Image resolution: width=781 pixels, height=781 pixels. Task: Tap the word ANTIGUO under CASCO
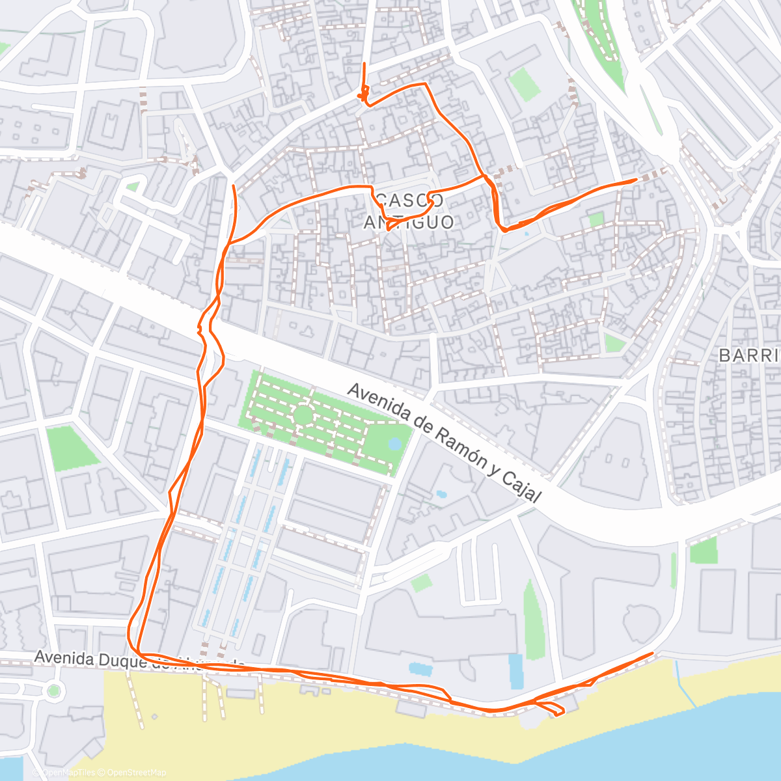point(409,222)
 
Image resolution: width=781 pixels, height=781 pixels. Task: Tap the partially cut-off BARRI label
point(749,355)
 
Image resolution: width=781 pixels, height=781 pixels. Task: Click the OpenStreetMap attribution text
point(137,773)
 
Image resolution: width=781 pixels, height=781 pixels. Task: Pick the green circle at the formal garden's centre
point(303,415)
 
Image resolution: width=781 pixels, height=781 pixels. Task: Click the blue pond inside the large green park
point(394,444)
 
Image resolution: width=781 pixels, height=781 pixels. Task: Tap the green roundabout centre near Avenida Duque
point(53,690)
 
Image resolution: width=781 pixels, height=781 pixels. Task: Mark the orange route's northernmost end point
point(364,64)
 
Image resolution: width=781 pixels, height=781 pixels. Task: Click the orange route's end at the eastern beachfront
point(652,653)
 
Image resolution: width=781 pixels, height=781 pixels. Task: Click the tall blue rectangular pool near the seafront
point(515,671)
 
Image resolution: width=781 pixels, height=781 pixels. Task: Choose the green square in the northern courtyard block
point(524,85)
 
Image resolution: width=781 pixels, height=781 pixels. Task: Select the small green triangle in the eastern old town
point(612,342)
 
